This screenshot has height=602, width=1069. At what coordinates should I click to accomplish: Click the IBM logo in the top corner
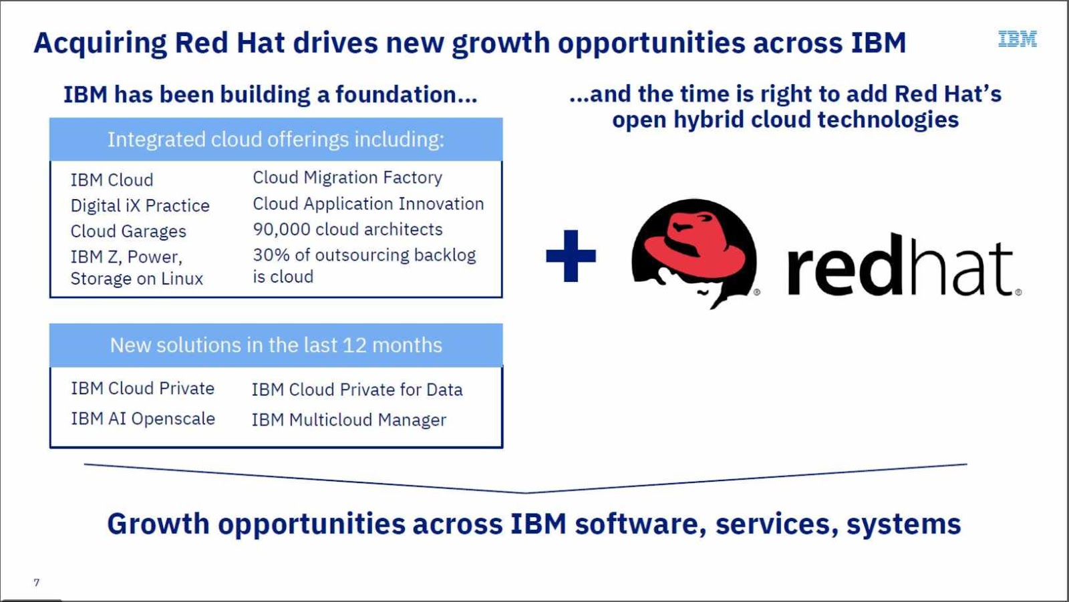[x=1017, y=39]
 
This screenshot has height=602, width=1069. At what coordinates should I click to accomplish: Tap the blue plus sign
[x=571, y=256]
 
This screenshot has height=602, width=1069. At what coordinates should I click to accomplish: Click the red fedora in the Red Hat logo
[x=695, y=244]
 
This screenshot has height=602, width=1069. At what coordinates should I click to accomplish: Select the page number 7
[x=37, y=583]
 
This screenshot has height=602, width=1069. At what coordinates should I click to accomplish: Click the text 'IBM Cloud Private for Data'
[x=357, y=390]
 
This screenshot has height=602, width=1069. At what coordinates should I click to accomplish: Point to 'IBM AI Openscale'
[x=143, y=419]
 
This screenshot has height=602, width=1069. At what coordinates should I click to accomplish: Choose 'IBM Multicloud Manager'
[x=349, y=420]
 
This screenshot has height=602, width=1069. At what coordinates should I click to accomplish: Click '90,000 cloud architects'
[x=347, y=229]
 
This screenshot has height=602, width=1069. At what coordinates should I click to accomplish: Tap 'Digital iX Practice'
[x=140, y=206]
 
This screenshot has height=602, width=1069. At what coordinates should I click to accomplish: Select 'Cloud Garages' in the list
[x=128, y=231]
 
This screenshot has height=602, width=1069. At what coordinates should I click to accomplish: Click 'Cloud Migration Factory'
[x=347, y=178]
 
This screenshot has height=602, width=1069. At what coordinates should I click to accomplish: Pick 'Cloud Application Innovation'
[x=368, y=204]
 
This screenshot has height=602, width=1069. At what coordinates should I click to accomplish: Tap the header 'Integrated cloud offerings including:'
[x=276, y=140]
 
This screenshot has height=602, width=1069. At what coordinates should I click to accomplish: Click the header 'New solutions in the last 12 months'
[x=276, y=345]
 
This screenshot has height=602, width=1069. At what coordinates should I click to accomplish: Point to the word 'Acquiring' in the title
[x=100, y=43]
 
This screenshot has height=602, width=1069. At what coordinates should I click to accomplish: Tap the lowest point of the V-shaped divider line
[x=526, y=492]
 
